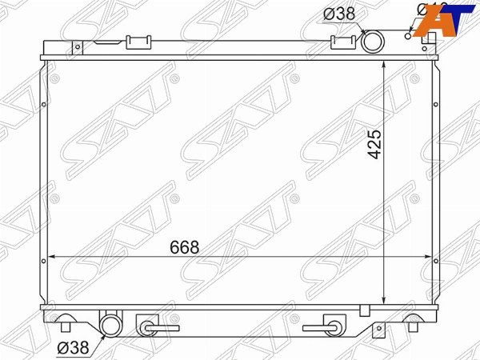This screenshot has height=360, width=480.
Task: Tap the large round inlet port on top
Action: (x=373, y=42)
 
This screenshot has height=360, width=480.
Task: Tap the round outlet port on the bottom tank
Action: (x=108, y=325)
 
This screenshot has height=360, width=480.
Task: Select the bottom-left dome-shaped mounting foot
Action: (x=66, y=323)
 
